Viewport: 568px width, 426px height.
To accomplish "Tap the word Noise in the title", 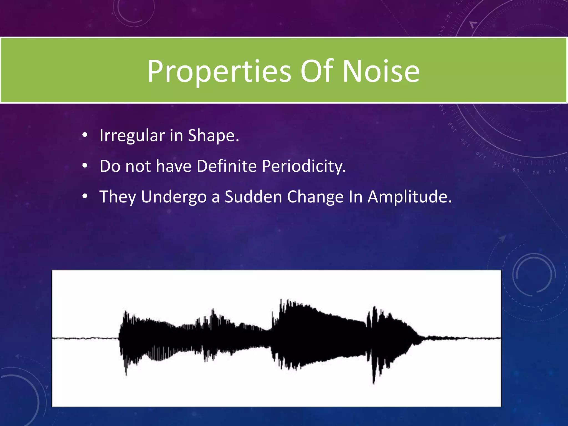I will (x=381, y=72).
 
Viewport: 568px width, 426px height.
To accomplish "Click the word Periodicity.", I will (x=303, y=166).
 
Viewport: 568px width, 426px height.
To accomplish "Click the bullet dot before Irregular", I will (x=85, y=135).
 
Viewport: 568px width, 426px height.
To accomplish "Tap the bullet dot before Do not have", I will (x=85, y=166).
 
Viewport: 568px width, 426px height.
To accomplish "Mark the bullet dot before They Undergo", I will (x=85, y=196).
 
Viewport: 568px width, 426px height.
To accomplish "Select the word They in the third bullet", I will (x=118, y=197).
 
